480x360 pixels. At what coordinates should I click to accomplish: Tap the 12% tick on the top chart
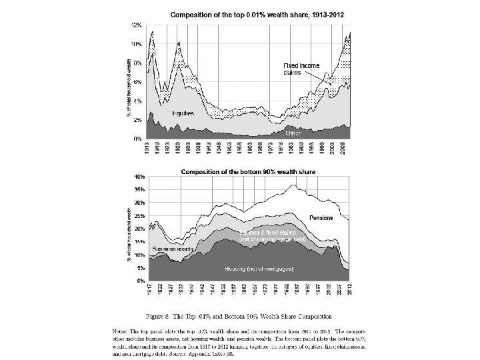[136, 25]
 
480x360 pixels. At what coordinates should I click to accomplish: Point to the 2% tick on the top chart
[137, 119]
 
